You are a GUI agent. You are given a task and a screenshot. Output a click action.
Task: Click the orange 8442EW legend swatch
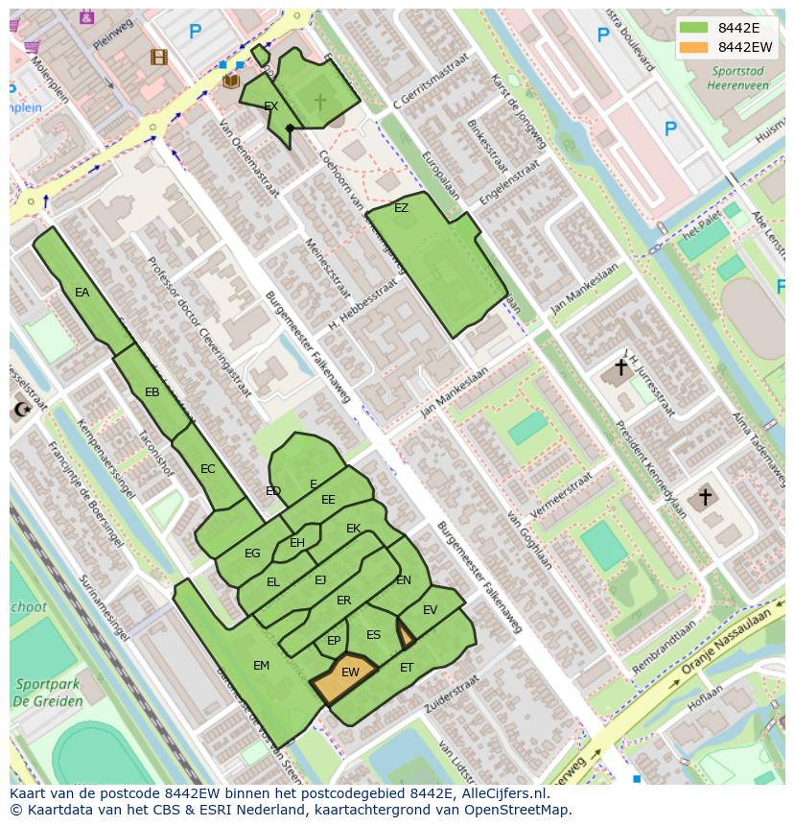(694, 47)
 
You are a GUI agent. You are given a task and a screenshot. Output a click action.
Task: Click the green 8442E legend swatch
(694, 28)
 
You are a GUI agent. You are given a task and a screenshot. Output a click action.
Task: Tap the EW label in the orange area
(350, 673)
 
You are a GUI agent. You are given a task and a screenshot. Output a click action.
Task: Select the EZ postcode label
(401, 208)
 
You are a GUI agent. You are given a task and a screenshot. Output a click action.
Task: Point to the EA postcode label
(82, 293)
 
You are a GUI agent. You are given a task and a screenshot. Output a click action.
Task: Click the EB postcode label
(152, 392)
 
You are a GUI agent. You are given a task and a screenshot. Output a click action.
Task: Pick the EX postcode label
(271, 106)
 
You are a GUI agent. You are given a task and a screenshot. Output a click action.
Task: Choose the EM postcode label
(261, 666)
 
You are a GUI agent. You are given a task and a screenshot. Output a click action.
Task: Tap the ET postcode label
(407, 668)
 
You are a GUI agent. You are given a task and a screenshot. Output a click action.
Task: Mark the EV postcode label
(430, 610)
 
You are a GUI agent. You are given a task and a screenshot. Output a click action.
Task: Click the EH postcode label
(297, 544)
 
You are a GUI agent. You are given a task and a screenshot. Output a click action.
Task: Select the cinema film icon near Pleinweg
(158, 58)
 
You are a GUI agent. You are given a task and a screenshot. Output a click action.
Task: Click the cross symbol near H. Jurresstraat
(620, 367)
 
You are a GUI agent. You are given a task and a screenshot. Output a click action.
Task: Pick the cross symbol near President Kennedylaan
(705, 497)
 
